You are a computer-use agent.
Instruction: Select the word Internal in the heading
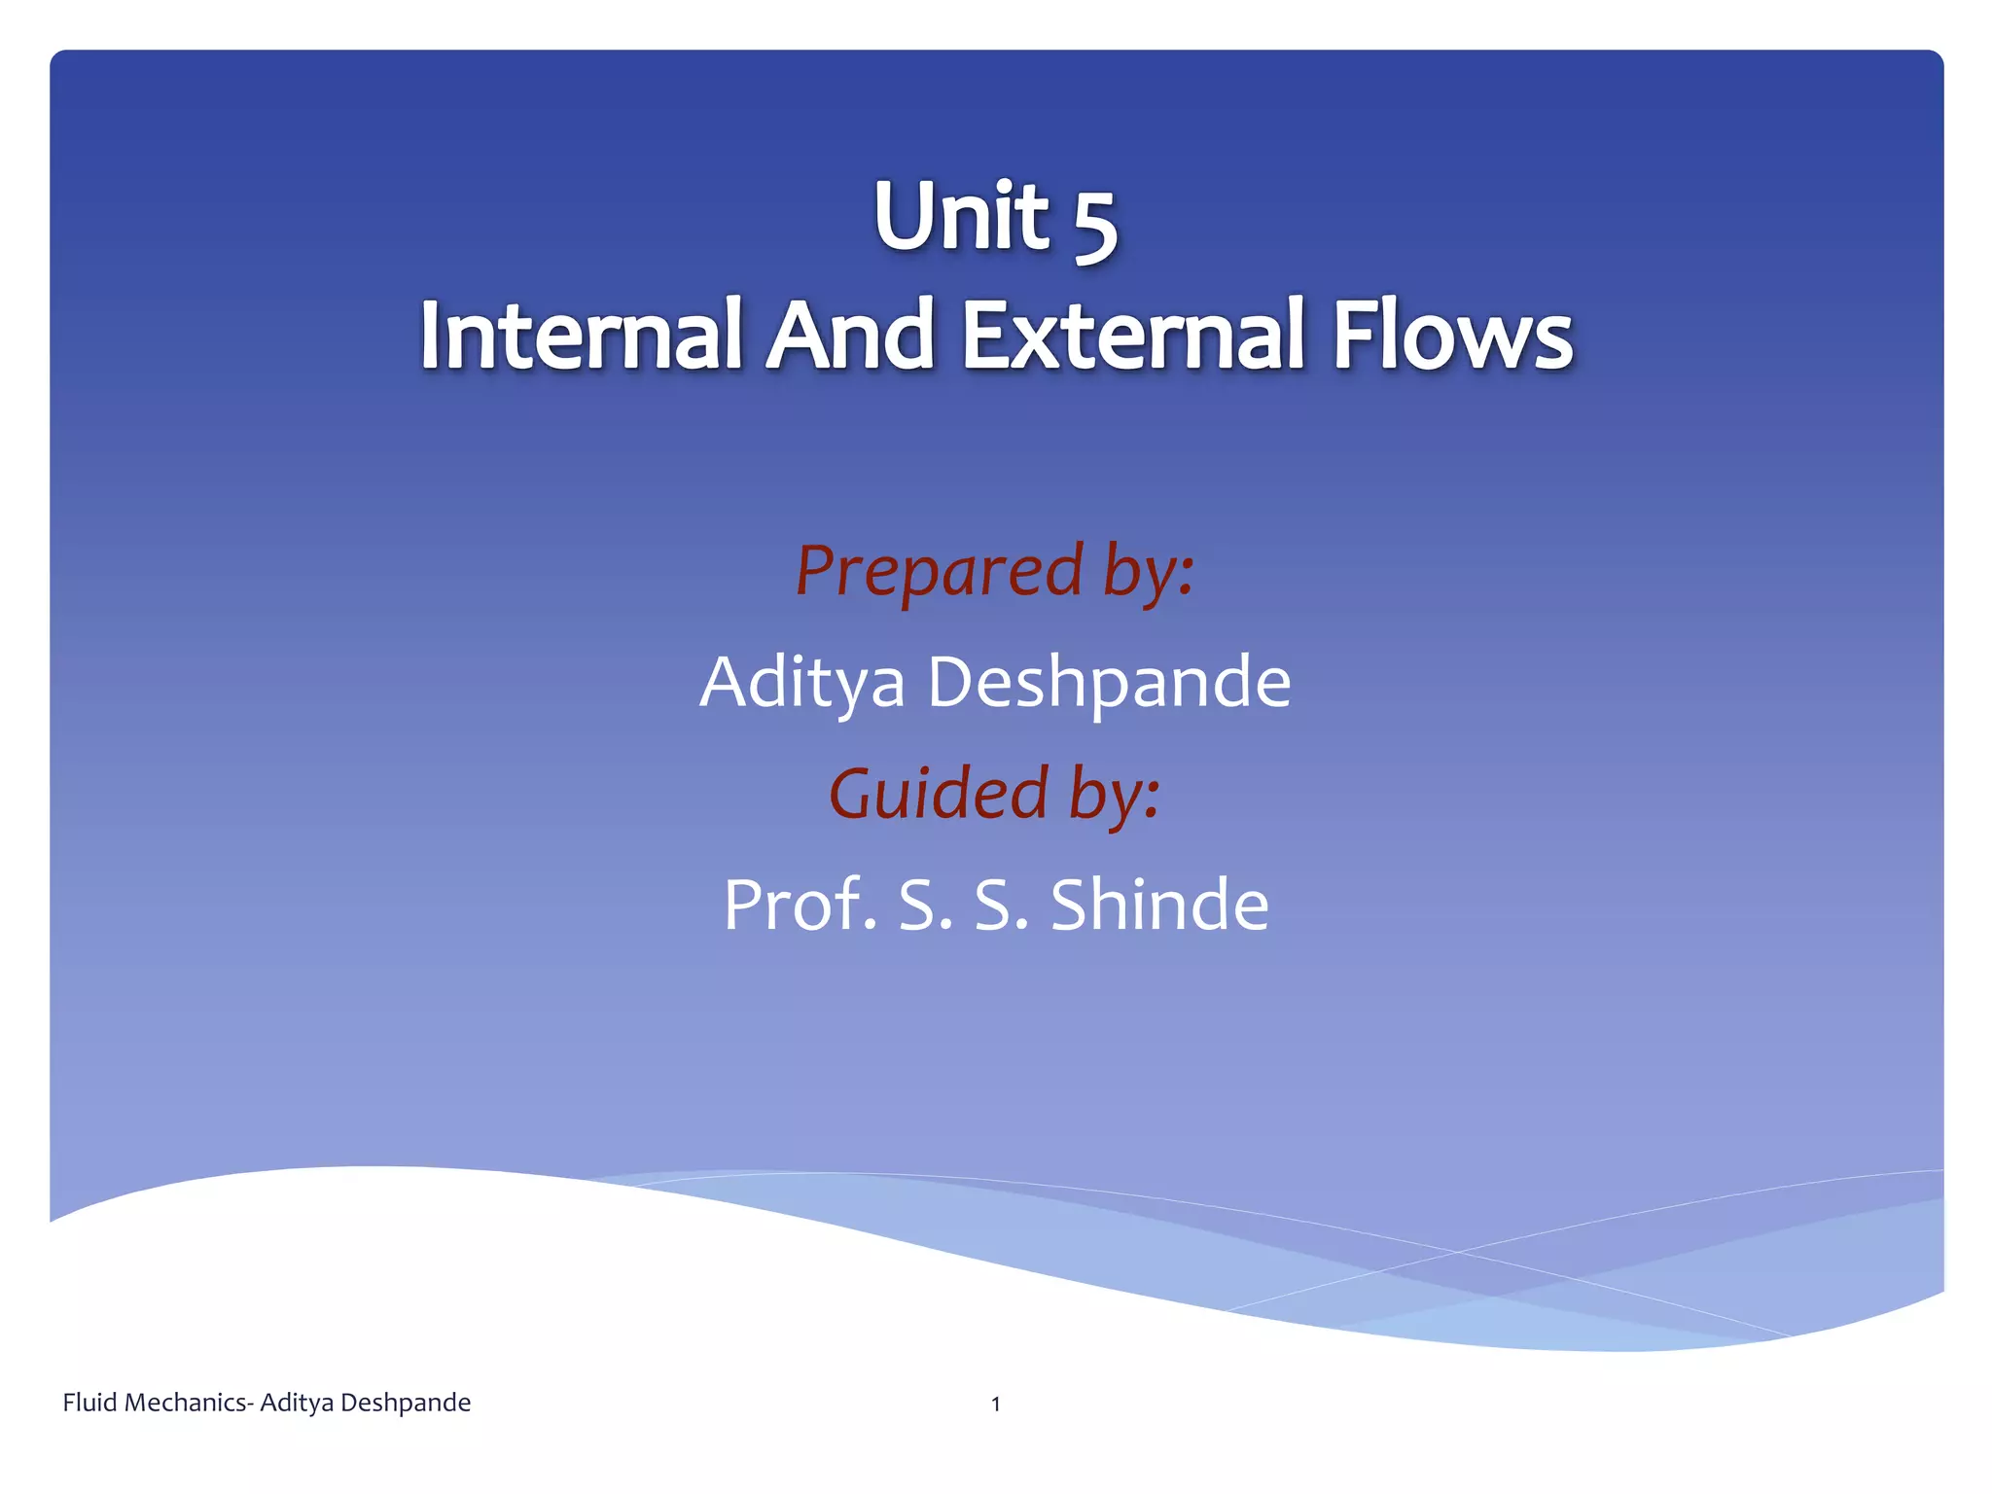coord(581,336)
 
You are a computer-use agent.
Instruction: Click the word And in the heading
coord(850,336)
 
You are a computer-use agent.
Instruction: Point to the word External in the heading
coord(1133,336)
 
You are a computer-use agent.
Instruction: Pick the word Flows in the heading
coord(1451,336)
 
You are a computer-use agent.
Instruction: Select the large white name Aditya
coord(802,683)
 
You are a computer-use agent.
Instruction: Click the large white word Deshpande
coord(1109,683)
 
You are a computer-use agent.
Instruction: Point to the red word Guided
coord(938,794)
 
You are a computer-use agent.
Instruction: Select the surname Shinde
coord(1159,905)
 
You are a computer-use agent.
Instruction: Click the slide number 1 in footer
coord(995,1404)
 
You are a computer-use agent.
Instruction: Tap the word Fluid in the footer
coord(90,1403)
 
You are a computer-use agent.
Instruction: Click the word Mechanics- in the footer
coord(191,1403)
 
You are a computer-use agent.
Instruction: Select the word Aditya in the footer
coord(297,1403)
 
